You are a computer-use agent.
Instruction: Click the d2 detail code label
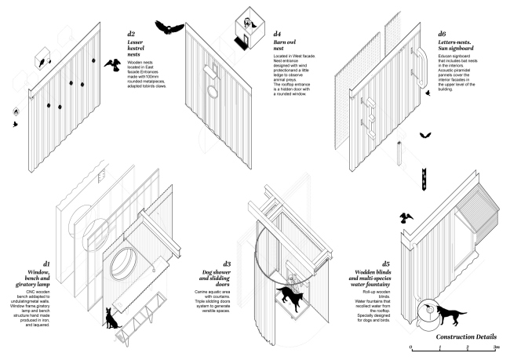tap(131, 35)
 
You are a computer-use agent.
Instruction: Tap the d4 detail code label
tap(278, 35)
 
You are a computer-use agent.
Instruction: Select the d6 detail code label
tap(443, 35)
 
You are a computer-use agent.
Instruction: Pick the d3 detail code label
tap(227, 264)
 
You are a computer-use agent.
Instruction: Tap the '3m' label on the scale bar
tap(496, 347)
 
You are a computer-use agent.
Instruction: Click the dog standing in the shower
tap(289, 299)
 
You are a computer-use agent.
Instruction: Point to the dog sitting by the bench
tap(113, 317)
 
